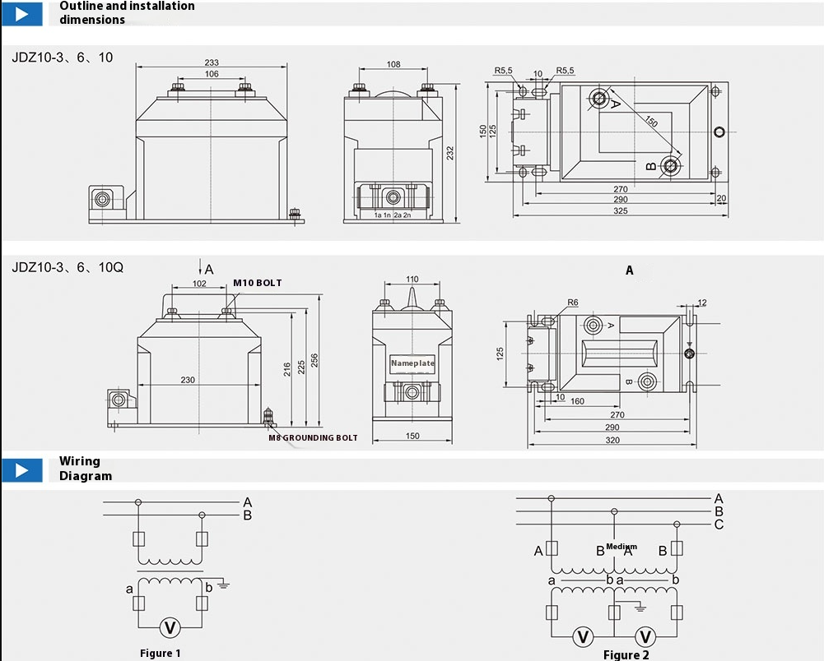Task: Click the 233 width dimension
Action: (x=212, y=62)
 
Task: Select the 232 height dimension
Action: (x=450, y=152)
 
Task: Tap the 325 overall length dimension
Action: (x=621, y=211)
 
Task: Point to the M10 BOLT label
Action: (x=257, y=283)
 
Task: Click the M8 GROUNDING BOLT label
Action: (x=313, y=438)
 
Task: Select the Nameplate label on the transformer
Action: (x=412, y=363)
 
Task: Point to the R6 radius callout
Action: (x=572, y=303)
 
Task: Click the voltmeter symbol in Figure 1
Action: (x=170, y=627)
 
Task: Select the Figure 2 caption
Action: (x=626, y=654)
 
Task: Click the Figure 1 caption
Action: (x=161, y=654)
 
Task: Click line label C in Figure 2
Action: (x=719, y=525)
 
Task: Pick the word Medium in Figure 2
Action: (x=621, y=547)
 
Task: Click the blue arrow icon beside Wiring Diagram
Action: (x=27, y=470)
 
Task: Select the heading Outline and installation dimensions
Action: (x=127, y=12)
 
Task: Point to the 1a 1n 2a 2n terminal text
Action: (x=392, y=215)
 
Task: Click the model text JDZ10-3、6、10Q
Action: (x=68, y=267)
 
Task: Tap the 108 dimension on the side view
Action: (x=393, y=64)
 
